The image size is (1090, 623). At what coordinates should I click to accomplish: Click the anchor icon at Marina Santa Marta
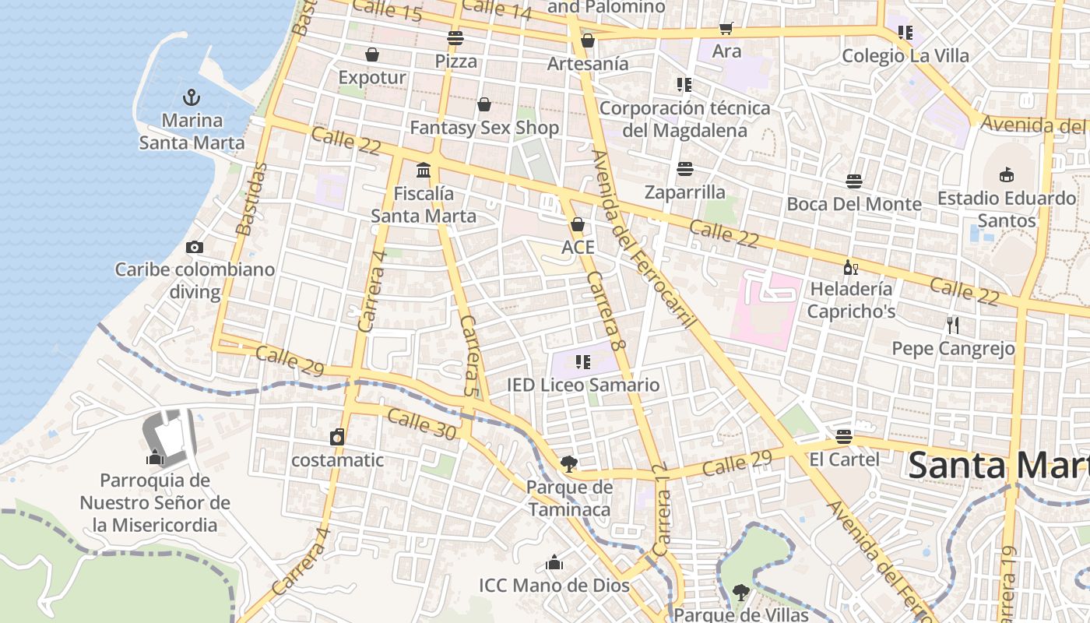(192, 97)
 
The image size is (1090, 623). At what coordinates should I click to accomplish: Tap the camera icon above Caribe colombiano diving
(195, 247)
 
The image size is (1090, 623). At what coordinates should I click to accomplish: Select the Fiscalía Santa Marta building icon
(424, 170)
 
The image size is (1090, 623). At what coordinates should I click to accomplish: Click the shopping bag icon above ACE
(578, 224)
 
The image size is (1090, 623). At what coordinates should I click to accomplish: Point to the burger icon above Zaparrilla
(685, 168)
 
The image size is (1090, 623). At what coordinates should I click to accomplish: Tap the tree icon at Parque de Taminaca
(569, 464)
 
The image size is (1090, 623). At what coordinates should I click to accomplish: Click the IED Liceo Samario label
(583, 385)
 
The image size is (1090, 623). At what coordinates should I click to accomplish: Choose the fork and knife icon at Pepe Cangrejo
(953, 325)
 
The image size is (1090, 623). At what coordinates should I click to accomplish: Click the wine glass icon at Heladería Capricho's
(851, 267)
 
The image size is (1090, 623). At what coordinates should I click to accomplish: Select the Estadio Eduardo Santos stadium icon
(1007, 174)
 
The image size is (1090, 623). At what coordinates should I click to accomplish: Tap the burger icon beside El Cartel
(844, 436)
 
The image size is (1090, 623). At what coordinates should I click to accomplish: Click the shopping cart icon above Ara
(726, 29)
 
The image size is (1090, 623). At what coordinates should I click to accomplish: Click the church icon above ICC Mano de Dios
(554, 562)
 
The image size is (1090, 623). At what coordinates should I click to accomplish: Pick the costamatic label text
(337, 459)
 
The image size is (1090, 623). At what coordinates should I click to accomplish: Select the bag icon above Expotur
(372, 55)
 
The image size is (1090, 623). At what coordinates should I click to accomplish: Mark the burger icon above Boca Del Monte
(854, 181)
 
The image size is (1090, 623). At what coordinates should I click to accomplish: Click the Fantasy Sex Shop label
(484, 127)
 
